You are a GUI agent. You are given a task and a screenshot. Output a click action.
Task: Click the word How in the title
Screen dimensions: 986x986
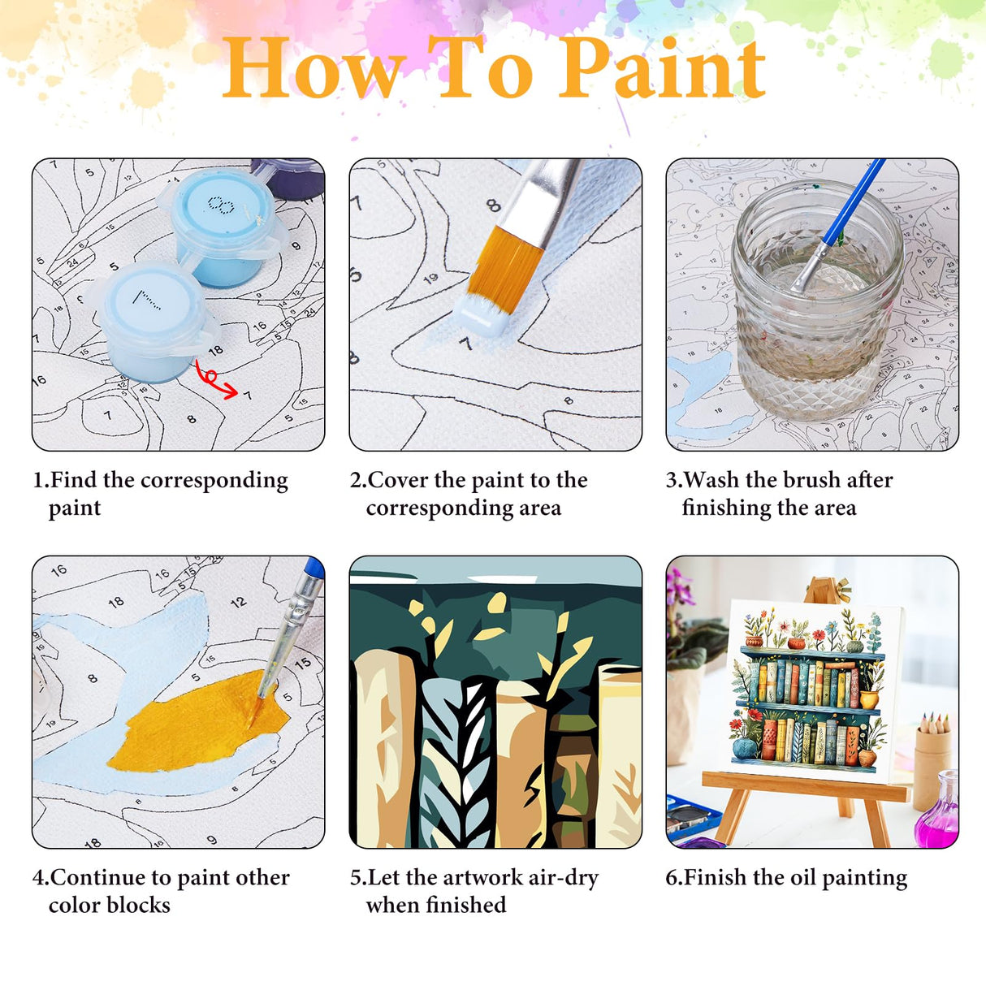pyautogui.click(x=312, y=70)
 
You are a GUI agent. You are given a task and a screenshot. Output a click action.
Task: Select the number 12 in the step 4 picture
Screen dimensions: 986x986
pyautogui.click(x=238, y=603)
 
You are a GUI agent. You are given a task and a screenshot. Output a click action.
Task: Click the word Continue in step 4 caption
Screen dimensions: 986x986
pyautogui.click(x=100, y=878)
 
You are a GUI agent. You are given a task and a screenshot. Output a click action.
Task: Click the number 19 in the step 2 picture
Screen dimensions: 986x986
pyautogui.click(x=430, y=279)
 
